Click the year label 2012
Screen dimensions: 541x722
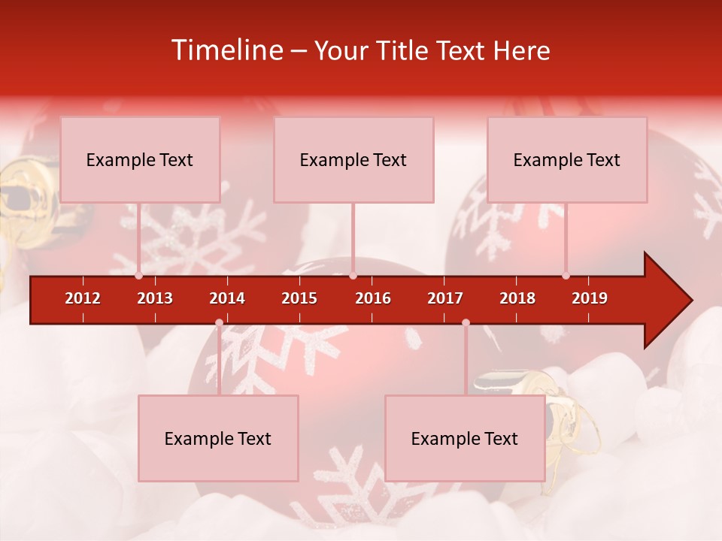(x=83, y=298)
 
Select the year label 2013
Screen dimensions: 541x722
(x=155, y=298)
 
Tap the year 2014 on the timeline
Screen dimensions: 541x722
(x=227, y=298)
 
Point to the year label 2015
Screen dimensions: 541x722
(x=299, y=298)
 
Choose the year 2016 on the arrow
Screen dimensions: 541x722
(x=373, y=298)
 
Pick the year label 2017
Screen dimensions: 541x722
(x=445, y=298)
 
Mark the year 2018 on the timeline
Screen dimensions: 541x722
(x=517, y=298)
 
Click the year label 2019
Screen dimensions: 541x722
(x=590, y=298)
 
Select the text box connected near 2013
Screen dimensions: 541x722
(x=140, y=160)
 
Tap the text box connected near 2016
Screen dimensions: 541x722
(x=353, y=160)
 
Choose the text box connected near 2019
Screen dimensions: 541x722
(x=567, y=160)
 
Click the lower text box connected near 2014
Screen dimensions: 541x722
(x=218, y=439)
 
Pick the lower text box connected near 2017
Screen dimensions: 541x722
(x=465, y=439)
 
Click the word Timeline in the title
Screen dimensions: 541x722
(x=226, y=50)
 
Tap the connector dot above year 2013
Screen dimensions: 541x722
(x=139, y=276)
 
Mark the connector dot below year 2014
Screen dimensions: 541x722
(x=219, y=323)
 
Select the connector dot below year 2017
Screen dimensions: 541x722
(x=466, y=323)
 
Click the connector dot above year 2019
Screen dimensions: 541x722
(x=566, y=276)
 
